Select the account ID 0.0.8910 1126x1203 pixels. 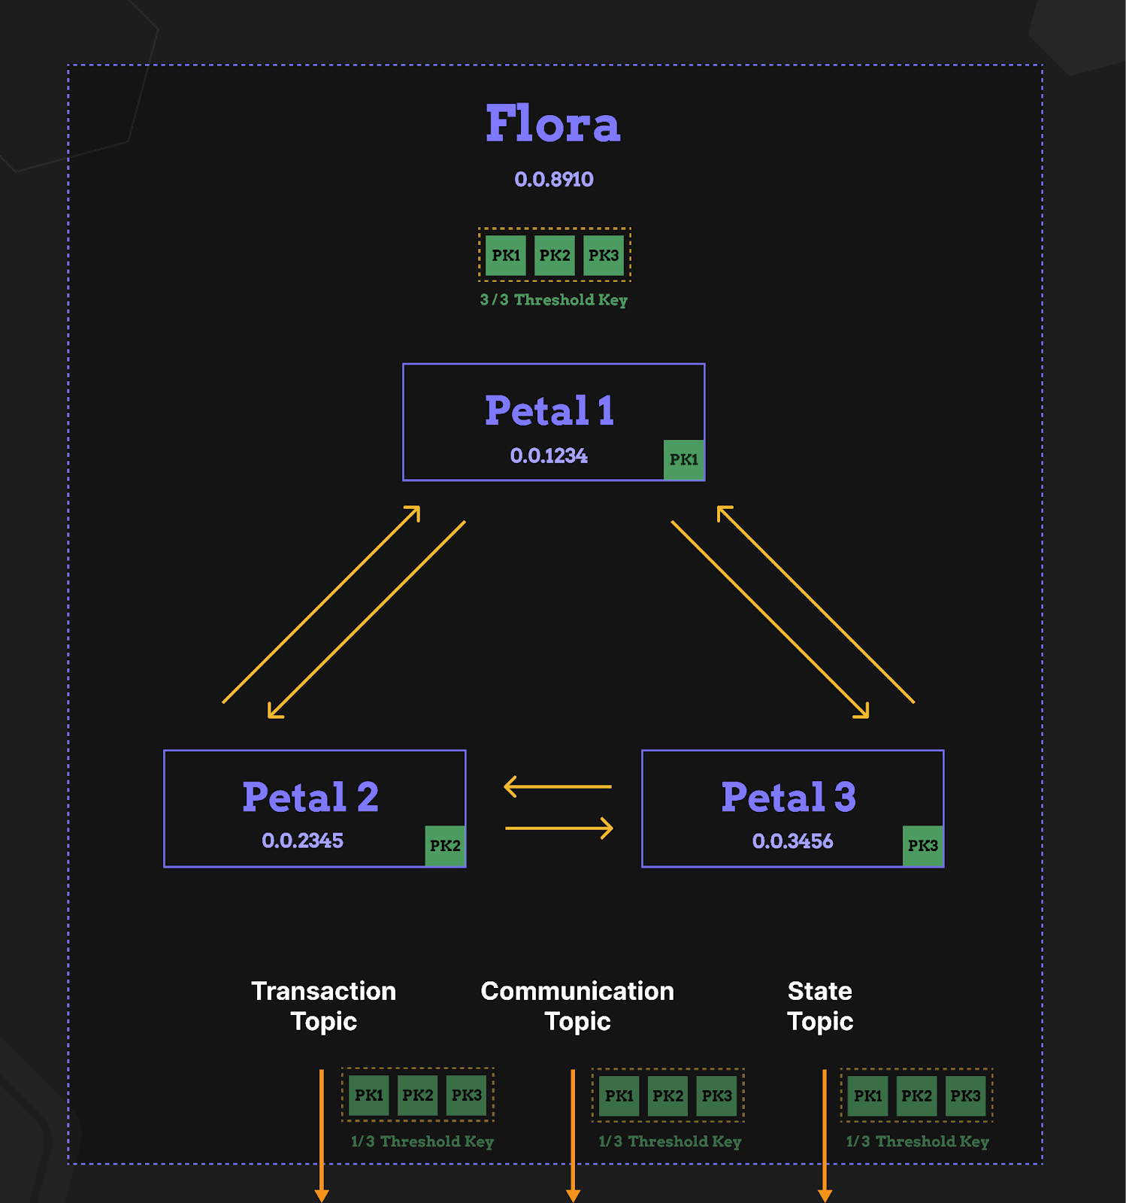click(554, 180)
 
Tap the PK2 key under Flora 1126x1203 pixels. click(555, 256)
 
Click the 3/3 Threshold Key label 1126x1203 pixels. click(554, 300)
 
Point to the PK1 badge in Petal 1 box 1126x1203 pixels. click(684, 459)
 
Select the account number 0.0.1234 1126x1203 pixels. click(549, 456)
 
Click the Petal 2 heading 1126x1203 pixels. click(310, 797)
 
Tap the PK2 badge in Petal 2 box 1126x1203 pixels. click(445, 846)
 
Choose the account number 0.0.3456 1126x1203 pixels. click(792, 841)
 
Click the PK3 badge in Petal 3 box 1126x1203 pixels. click(923, 846)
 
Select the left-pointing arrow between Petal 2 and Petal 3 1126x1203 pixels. click(558, 787)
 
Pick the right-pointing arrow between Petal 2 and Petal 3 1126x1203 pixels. click(559, 829)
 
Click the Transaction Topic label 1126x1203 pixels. click(324, 1006)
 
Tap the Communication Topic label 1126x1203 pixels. click(577, 1006)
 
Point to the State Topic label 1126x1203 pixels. click(820, 1006)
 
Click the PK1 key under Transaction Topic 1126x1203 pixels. click(369, 1095)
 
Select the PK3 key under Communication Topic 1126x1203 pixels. click(717, 1096)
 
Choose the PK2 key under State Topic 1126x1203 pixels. click(916, 1096)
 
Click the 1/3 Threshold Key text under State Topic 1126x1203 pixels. click(917, 1141)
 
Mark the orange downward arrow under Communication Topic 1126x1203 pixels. click(573, 1135)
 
